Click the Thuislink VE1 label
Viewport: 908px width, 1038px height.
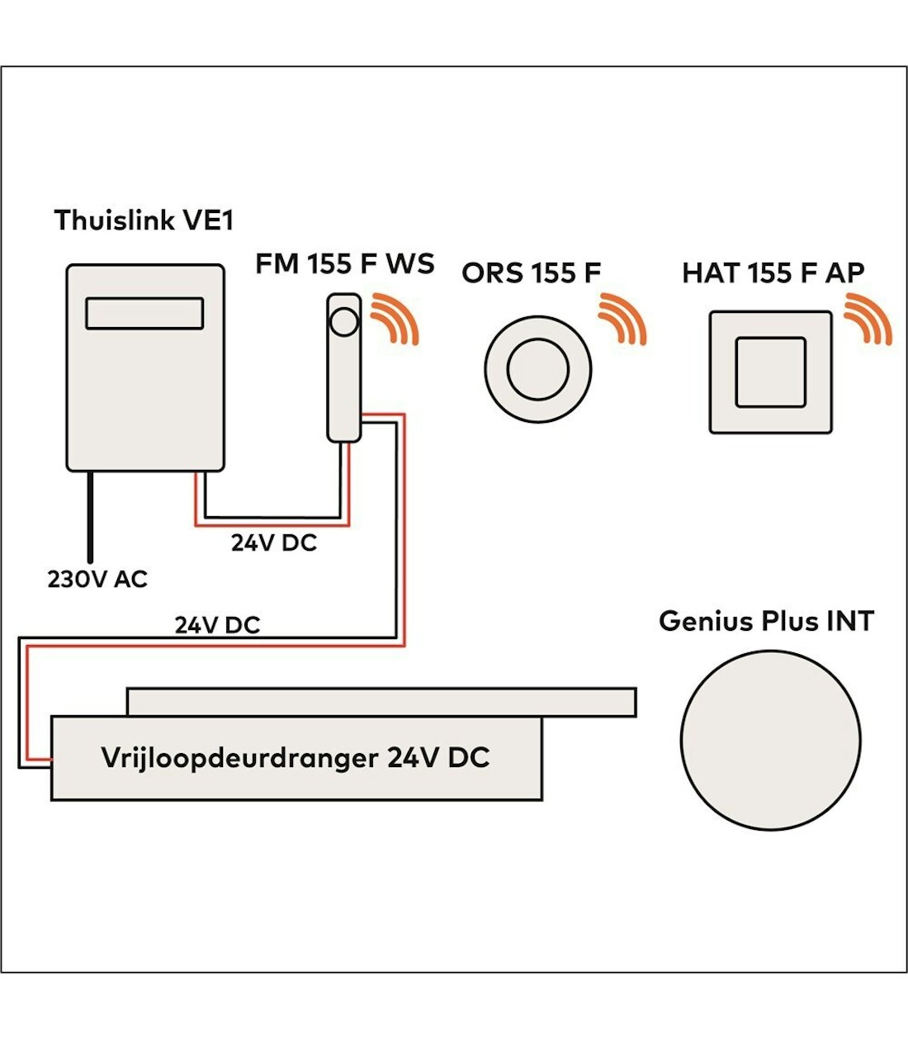pyautogui.click(x=144, y=220)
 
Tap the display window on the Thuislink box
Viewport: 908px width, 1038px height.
pyautogui.click(x=144, y=314)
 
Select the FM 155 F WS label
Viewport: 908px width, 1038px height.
pyautogui.click(x=344, y=264)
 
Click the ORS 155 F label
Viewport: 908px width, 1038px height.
pyautogui.click(x=531, y=273)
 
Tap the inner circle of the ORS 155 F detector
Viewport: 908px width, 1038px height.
pyautogui.click(x=537, y=369)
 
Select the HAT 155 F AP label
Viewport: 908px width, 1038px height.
pyautogui.click(x=773, y=273)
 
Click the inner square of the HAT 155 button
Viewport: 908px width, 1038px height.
pyautogui.click(x=770, y=372)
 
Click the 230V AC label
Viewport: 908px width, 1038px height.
pyautogui.click(x=97, y=580)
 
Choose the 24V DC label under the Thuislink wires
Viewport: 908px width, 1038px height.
pyautogui.click(x=273, y=543)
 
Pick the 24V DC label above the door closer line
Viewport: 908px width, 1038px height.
pyautogui.click(x=217, y=625)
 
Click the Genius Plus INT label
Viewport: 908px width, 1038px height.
pyautogui.click(x=766, y=621)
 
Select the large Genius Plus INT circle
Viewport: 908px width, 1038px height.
pyautogui.click(x=770, y=740)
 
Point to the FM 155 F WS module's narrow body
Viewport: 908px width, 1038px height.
pyautogui.click(x=343, y=388)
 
